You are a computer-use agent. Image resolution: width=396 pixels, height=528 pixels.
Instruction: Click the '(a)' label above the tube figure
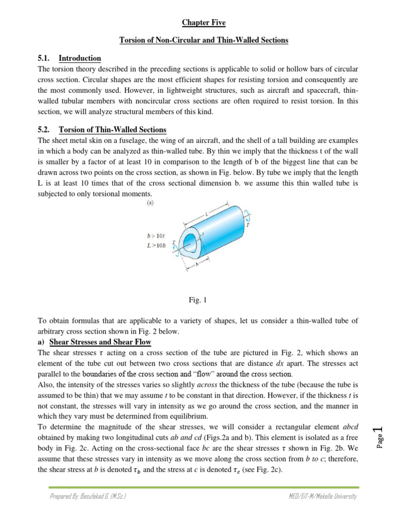pos(150,203)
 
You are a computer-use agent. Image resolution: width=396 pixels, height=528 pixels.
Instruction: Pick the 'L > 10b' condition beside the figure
pos(157,245)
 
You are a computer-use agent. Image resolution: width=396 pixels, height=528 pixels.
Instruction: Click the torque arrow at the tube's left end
pos(176,247)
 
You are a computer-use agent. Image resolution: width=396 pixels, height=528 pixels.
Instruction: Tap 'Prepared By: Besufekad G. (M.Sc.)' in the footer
pos(88,496)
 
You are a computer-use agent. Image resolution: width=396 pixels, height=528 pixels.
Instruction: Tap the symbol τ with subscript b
pos(145,470)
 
